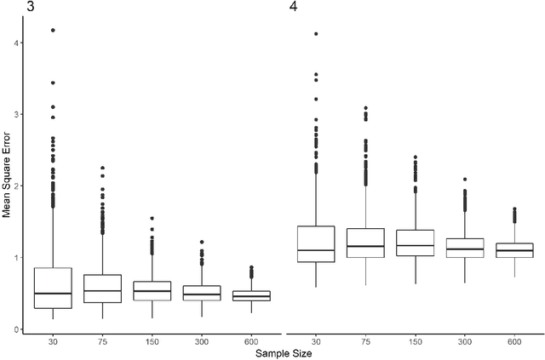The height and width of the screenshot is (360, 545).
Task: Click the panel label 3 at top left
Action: [6, 8]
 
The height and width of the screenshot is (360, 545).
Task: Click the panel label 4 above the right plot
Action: [293, 8]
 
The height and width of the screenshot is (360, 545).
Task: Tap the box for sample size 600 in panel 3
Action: [252, 295]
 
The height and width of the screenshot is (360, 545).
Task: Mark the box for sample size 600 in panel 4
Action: [514, 250]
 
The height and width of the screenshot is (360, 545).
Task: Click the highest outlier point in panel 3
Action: [53, 30]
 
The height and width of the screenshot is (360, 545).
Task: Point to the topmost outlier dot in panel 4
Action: [316, 34]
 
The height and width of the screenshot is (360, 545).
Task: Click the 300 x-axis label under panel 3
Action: [202, 340]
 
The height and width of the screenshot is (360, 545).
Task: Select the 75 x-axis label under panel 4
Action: [366, 340]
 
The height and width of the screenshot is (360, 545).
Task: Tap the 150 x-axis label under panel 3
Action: [152, 340]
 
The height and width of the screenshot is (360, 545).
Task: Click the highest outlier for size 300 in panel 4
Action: [465, 180]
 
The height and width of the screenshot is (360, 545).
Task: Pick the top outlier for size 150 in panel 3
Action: [152, 218]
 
